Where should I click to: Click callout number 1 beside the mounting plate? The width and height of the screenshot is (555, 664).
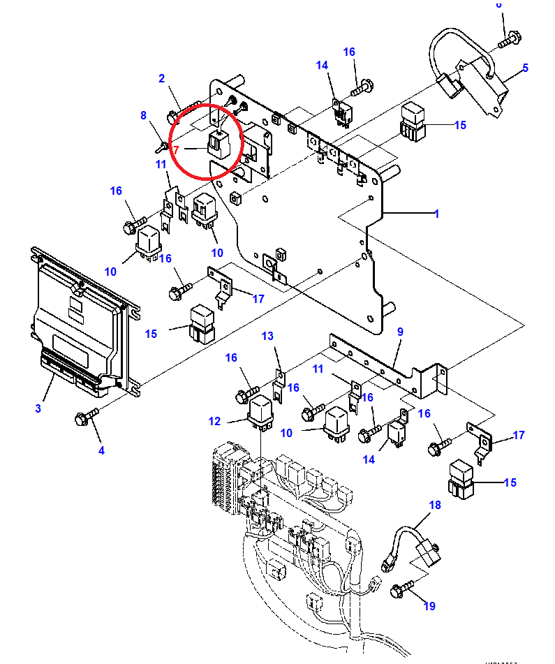(x=436, y=214)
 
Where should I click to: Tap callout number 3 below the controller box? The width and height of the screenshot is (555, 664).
(x=38, y=408)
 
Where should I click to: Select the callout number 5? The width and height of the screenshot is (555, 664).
(x=525, y=68)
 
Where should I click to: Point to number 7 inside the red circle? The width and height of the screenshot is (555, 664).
(x=177, y=149)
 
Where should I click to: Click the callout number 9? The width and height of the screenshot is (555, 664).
(x=401, y=332)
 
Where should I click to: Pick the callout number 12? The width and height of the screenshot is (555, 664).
(x=214, y=421)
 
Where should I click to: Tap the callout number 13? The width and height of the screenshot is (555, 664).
(x=268, y=336)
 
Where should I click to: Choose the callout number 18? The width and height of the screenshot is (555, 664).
(x=435, y=504)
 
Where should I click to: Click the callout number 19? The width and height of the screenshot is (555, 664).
(x=429, y=606)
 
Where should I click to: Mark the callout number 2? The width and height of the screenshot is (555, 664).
(x=161, y=78)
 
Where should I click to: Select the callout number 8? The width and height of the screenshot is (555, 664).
(x=143, y=115)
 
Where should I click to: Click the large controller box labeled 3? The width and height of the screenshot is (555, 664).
(x=80, y=321)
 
